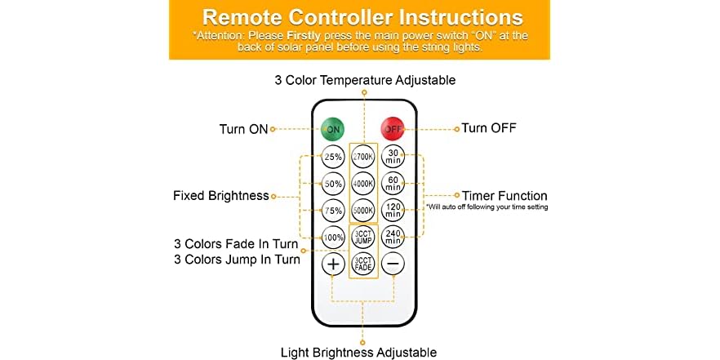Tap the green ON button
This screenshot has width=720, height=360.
(333, 129)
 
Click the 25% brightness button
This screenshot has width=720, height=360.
(333, 156)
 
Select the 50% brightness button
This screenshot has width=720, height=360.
(333, 183)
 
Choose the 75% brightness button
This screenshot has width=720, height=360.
(333, 210)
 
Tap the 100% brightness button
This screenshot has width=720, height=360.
(333, 237)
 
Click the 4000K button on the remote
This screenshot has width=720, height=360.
(362, 183)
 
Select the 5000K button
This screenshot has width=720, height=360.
(362, 210)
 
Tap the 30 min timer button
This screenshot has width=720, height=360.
(393, 156)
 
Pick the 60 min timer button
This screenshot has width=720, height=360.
(393, 183)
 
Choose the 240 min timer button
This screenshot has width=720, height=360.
(393, 237)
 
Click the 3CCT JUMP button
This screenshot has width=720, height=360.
(362, 237)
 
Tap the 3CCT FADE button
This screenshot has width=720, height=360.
(362, 264)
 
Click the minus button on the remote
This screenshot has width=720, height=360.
(393, 264)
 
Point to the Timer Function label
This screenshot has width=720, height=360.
(504, 196)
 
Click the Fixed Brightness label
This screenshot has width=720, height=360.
(220, 196)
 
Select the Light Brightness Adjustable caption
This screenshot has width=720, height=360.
(358, 352)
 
